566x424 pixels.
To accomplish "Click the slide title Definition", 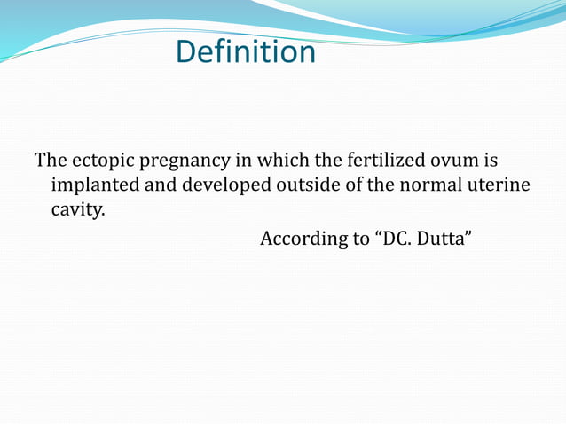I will (245, 51).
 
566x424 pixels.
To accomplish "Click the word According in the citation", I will (302, 239).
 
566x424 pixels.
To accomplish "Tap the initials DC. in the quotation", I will (395, 239).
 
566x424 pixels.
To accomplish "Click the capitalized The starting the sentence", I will (50, 161).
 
